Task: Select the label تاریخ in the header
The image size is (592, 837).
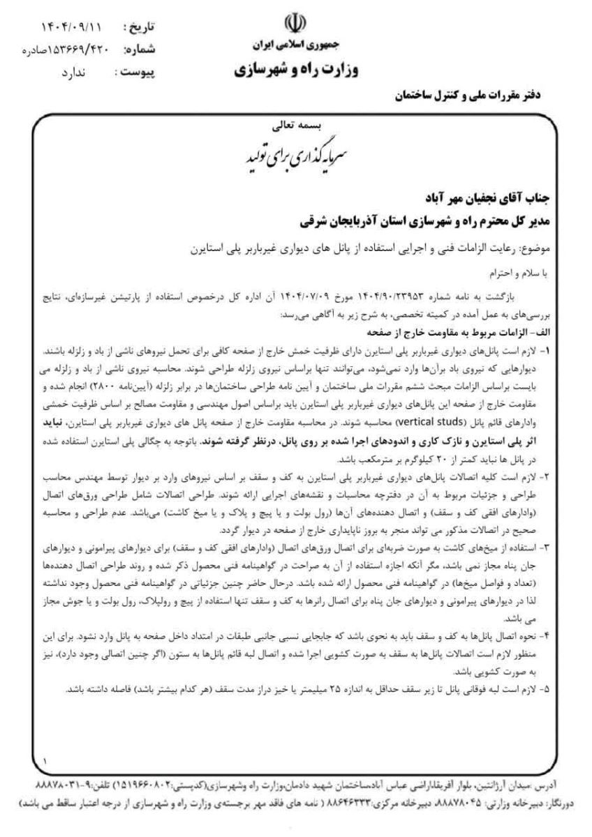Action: (138, 27)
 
